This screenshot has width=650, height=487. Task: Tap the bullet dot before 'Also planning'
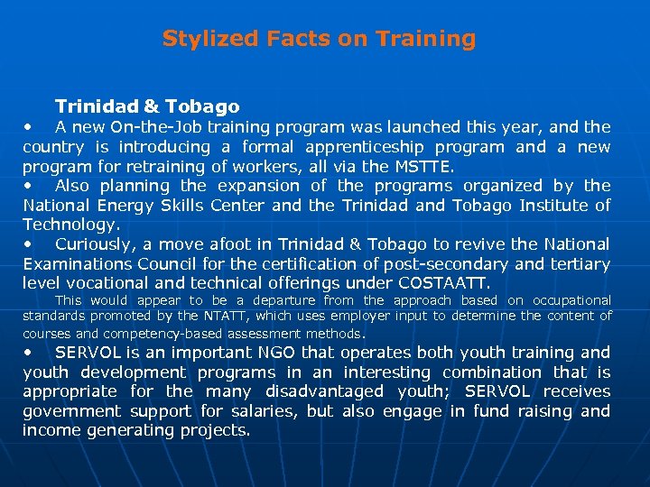30,186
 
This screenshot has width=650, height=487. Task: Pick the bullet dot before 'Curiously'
30,244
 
